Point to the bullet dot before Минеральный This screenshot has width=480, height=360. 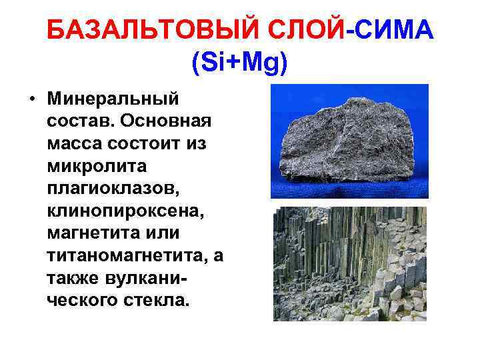pos(31,99)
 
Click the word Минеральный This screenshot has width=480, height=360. pos(113,99)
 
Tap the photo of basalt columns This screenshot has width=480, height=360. pos(350,263)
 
